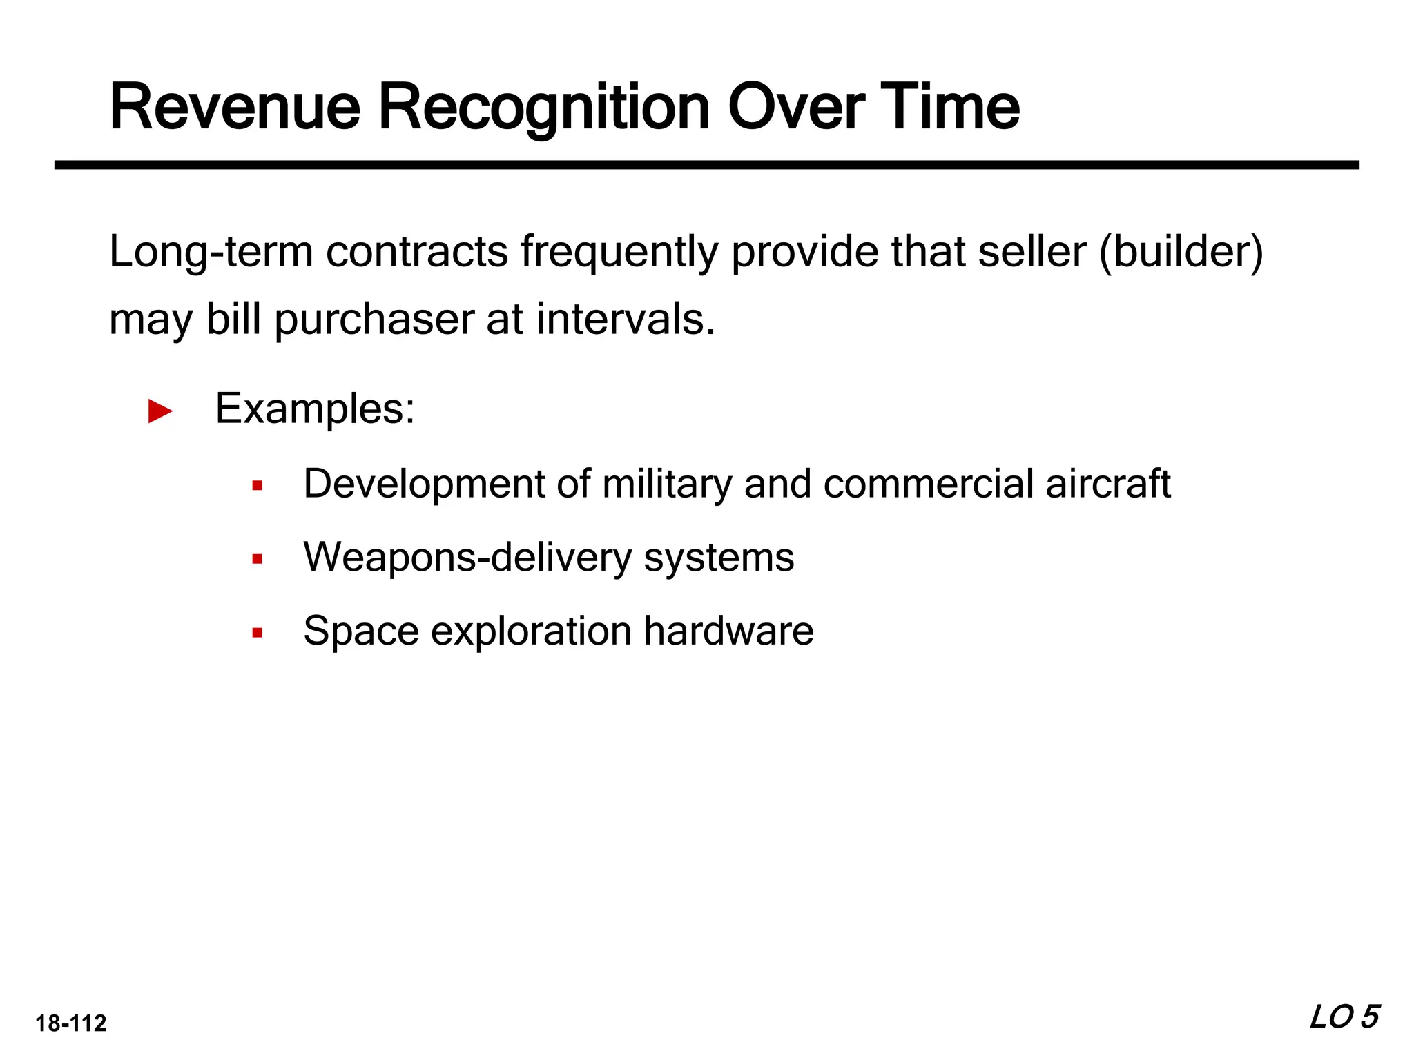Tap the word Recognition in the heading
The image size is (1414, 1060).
click(544, 108)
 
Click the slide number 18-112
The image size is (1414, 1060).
click(71, 1023)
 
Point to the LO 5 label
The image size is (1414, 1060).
click(1344, 1017)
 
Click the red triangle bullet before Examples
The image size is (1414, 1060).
click(160, 411)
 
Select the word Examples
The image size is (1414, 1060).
click(315, 409)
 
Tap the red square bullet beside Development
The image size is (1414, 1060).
click(258, 486)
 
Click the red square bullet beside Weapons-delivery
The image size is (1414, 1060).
click(258, 559)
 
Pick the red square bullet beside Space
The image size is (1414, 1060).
click(258, 632)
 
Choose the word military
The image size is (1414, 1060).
click(666, 484)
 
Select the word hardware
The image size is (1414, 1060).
click(728, 631)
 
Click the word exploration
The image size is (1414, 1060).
click(531, 632)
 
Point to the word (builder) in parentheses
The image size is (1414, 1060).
click(1180, 252)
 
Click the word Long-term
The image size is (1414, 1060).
click(211, 252)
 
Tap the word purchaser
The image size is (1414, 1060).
click(374, 321)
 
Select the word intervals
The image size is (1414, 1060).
click(626, 320)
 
